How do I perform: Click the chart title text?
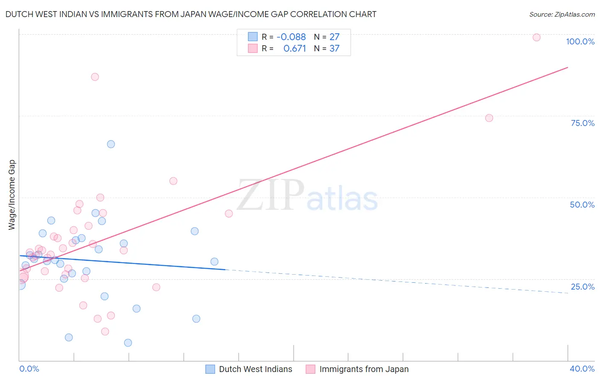[x=191, y=14]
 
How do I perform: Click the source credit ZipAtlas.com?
[x=562, y=14]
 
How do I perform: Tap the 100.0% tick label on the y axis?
[x=580, y=41]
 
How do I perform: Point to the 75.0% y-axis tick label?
[x=583, y=123]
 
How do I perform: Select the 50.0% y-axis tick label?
[x=582, y=205]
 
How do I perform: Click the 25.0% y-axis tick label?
[x=583, y=287]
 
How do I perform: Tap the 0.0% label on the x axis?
[x=29, y=369]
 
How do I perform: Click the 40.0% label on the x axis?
[x=582, y=369]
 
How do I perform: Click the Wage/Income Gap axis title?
[x=12, y=195]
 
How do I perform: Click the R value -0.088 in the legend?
[x=291, y=37]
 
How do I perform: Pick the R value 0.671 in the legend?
[x=294, y=49]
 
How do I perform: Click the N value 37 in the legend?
[x=335, y=49]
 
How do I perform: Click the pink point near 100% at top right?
[x=536, y=37]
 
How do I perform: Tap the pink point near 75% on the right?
[x=489, y=118]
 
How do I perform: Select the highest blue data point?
[x=111, y=144]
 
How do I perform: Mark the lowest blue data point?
[x=128, y=343]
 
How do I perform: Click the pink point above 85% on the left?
[x=95, y=77]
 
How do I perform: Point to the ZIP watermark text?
[x=271, y=195]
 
